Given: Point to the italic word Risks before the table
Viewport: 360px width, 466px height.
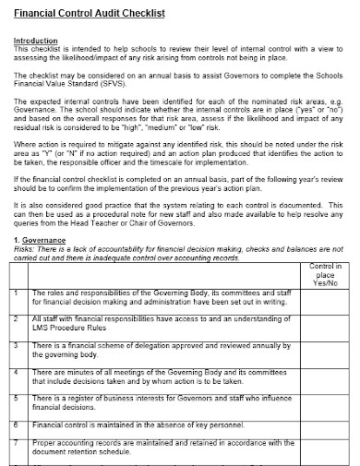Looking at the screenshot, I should click(30, 251).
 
